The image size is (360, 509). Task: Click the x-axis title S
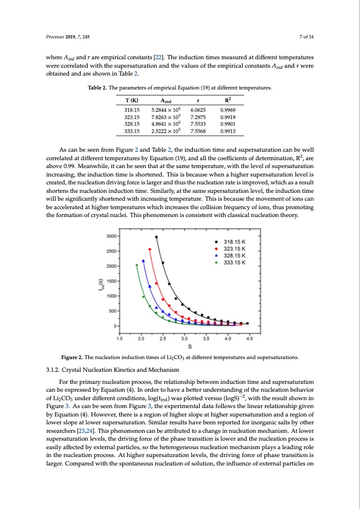(x=191, y=346)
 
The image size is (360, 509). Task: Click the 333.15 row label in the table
(x=132, y=129)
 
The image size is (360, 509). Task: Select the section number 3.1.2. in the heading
(x=56, y=370)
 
